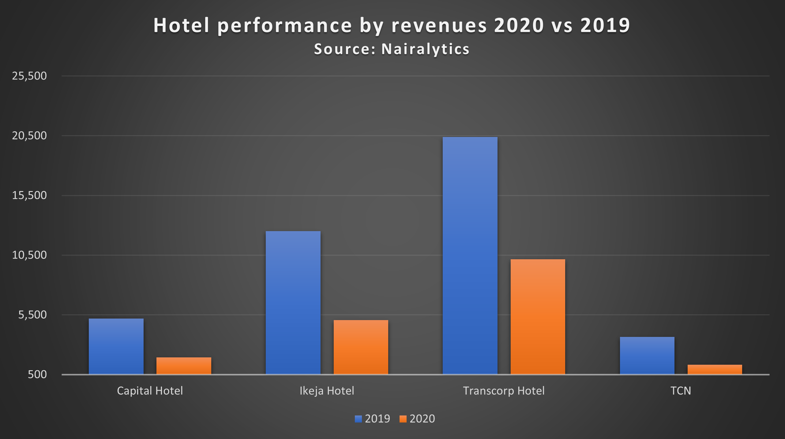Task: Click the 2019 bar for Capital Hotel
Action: click(x=116, y=346)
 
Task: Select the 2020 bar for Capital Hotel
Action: click(x=184, y=366)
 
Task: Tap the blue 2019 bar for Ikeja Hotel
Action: click(x=293, y=302)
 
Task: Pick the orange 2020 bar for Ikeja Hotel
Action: click(x=361, y=347)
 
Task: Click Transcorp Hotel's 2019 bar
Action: click(x=470, y=255)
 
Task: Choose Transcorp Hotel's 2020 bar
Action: click(x=538, y=316)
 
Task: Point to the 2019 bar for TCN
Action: click(x=647, y=355)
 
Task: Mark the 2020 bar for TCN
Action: click(x=715, y=369)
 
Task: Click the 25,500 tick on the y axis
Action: click(x=29, y=76)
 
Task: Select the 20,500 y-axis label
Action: click(x=29, y=135)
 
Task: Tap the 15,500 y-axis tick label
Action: click(x=29, y=195)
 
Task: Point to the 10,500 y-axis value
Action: click(x=29, y=255)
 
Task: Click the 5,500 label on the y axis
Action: click(x=32, y=315)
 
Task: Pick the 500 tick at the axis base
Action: click(x=37, y=374)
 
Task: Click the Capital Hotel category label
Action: click(x=150, y=391)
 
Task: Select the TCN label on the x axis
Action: click(x=681, y=391)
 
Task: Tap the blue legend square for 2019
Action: click(x=358, y=419)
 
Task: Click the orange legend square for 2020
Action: click(x=403, y=419)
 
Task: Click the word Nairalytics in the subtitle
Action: click(x=425, y=49)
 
